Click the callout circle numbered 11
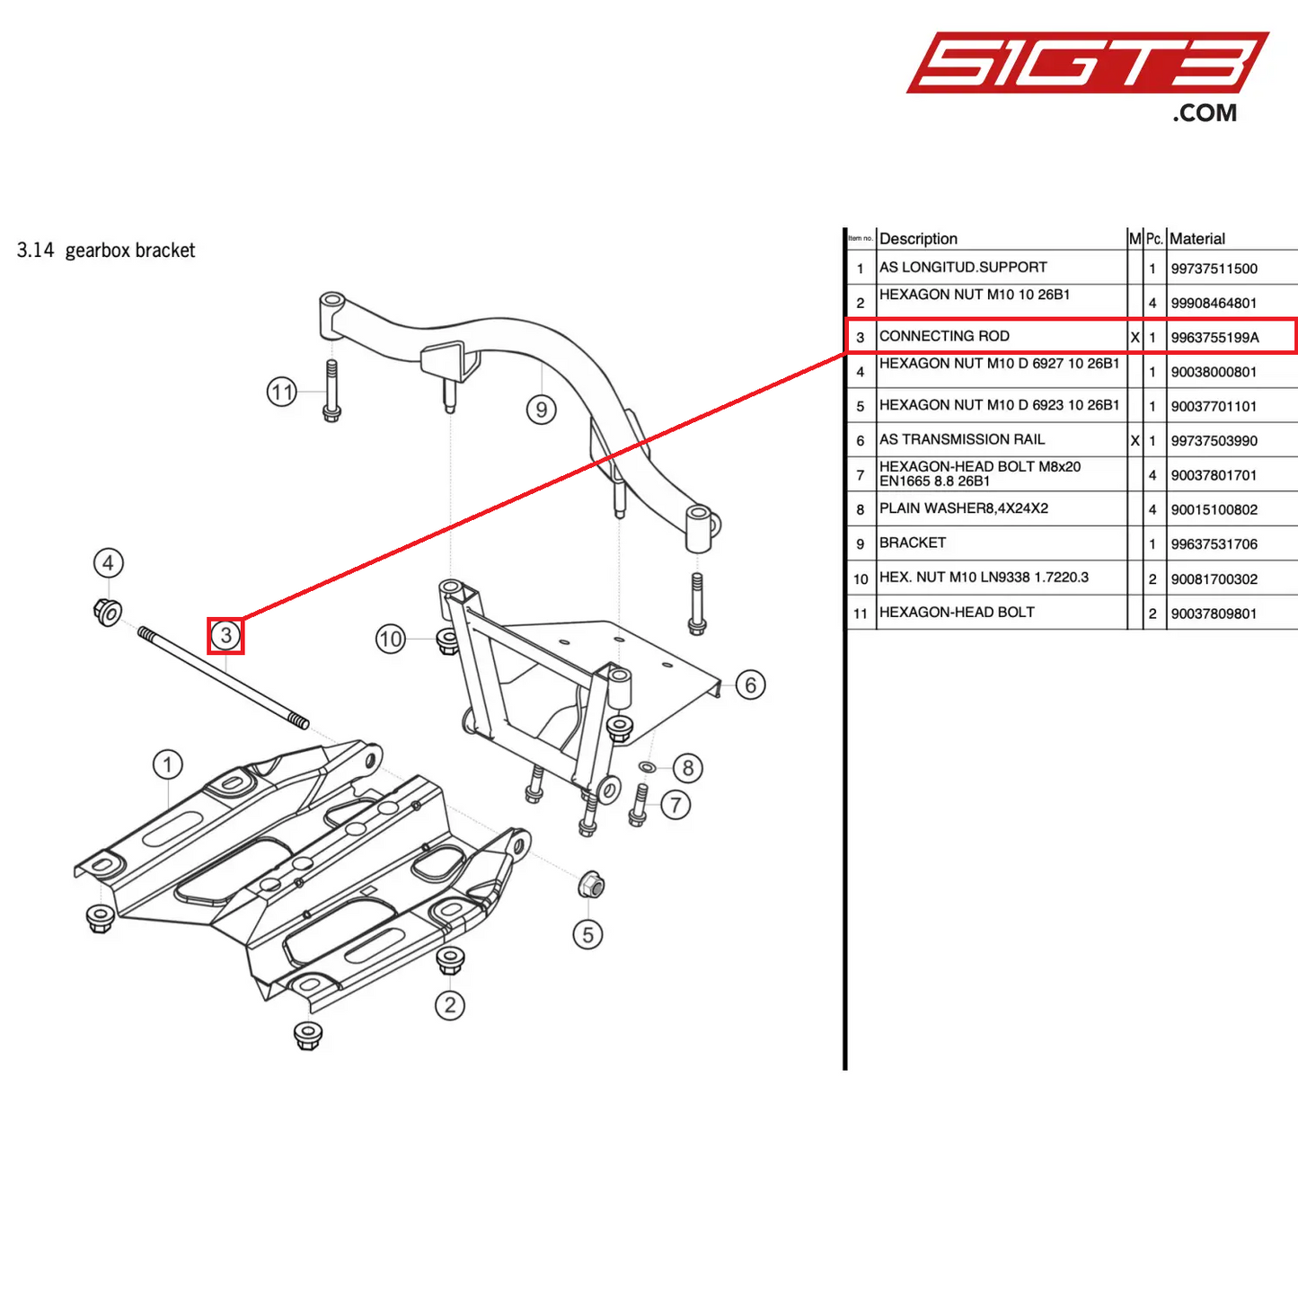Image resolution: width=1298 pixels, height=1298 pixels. coord(282,393)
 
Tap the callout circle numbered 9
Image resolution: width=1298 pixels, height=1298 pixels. coord(541,410)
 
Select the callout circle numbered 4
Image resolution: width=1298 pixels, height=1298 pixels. coord(109,563)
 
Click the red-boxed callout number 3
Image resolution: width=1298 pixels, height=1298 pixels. coord(225,636)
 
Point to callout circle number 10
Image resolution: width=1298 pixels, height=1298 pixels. coord(391,640)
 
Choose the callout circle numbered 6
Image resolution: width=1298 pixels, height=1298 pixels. coord(750,685)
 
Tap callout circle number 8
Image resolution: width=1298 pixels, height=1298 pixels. coord(688,768)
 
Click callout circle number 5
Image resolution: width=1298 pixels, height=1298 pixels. coord(587,935)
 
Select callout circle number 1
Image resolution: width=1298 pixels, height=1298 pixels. coord(167,765)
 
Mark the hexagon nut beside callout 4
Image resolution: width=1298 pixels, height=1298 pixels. coord(108,613)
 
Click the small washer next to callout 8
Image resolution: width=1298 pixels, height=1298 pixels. coord(646,767)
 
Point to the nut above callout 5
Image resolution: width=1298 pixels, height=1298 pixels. coord(590,885)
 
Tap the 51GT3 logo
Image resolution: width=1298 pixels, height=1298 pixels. coord(1087,65)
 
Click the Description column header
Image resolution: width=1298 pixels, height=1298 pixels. coord(918,239)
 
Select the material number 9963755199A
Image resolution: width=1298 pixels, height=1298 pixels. coord(1214,338)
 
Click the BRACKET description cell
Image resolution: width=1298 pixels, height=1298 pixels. coord(913,543)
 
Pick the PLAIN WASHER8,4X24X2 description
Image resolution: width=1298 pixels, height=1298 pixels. coord(964,508)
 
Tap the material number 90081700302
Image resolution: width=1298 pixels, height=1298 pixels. coord(1214,579)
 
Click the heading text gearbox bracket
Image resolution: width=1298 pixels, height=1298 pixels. coord(129,251)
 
